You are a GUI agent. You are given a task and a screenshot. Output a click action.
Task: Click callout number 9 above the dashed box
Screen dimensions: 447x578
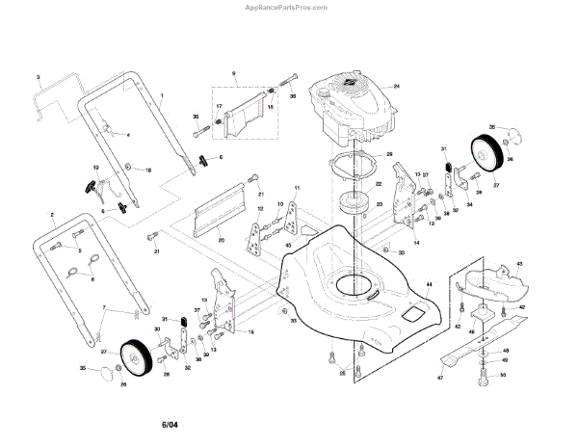click(233, 74)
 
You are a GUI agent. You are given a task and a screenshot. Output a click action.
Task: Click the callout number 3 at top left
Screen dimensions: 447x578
click(38, 76)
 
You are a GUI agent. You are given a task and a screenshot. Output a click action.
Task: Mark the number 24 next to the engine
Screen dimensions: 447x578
click(396, 87)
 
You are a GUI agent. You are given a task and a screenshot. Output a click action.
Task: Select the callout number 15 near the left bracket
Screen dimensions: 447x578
click(251, 331)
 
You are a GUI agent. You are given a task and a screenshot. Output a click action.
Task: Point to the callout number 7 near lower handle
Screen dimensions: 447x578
click(103, 306)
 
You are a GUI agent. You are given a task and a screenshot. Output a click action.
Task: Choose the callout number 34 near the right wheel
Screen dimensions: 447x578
click(470, 205)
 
